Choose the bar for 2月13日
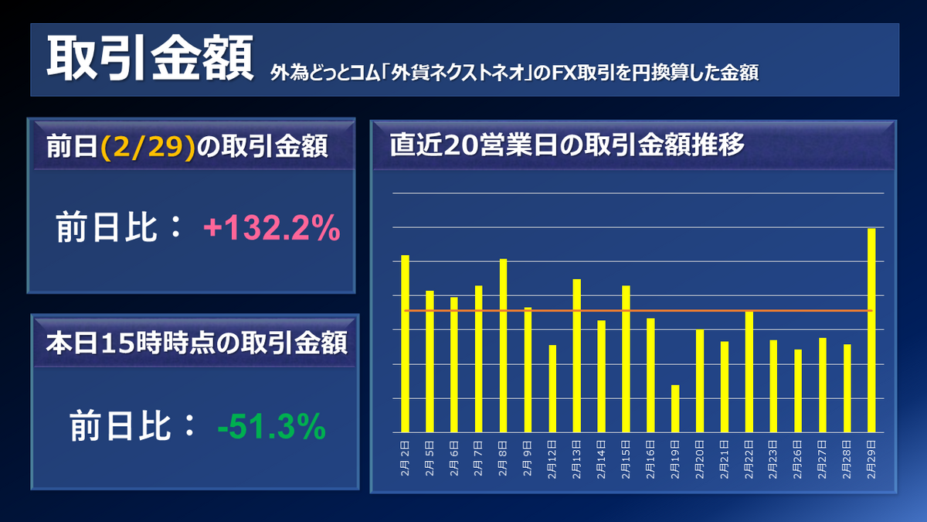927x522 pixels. (577, 356)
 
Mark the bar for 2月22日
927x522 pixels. (749, 371)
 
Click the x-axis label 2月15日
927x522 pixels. (626, 459)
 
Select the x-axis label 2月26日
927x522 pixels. (798, 459)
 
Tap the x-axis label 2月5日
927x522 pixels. (430, 459)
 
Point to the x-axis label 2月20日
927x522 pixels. (700, 459)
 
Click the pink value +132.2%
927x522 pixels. (271, 229)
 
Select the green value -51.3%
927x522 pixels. (272, 427)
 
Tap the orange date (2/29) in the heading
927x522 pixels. (147, 147)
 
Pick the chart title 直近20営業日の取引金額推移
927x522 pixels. (567, 145)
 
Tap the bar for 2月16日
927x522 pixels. (650, 375)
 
